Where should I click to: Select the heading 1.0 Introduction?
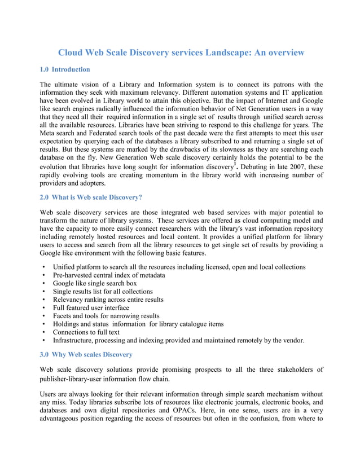click(x=65, y=69)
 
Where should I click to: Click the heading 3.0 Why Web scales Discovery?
click(x=86, y=354)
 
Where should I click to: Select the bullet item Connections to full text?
click(x=87, y=332)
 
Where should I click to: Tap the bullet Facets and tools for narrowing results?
click(x=106, y=316)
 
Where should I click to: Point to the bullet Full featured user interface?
click(x=91, y=308)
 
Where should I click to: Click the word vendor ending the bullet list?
click(x=292, y=341)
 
